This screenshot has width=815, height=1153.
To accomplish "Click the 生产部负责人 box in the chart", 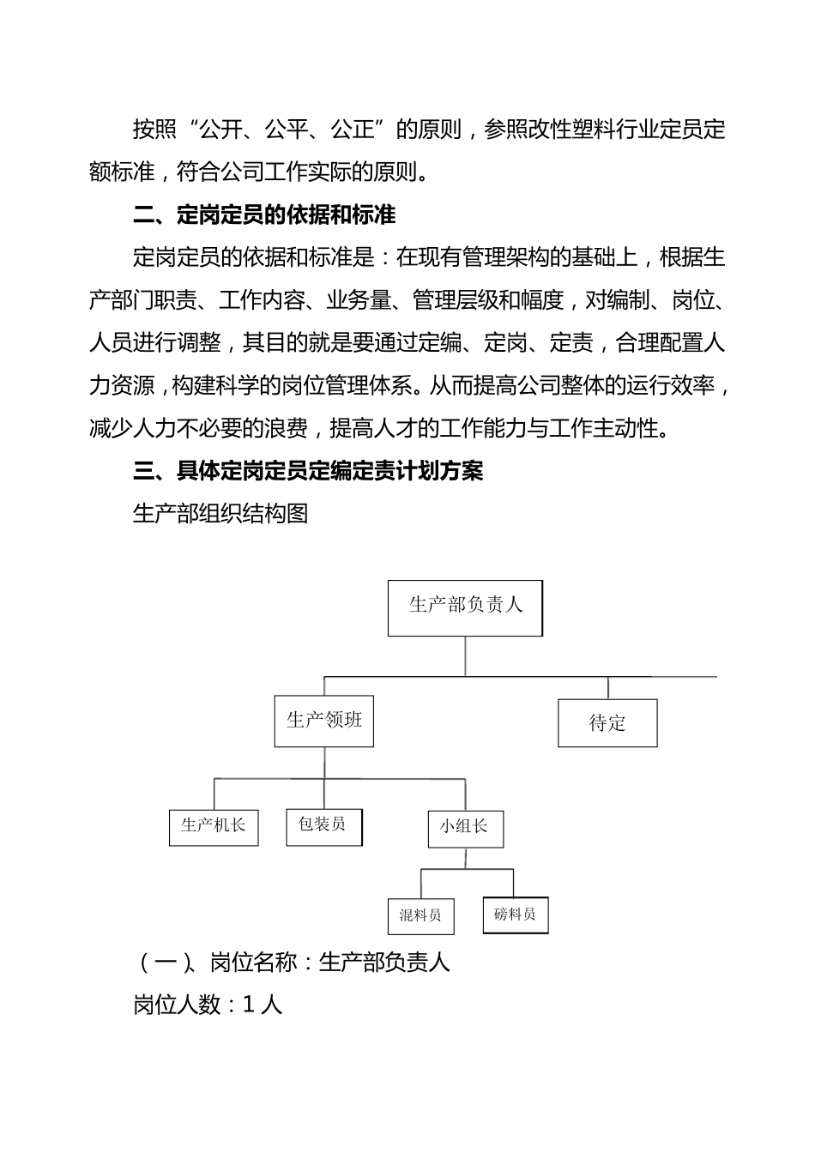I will click(465, 607).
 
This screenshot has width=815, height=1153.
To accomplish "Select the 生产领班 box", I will click(323, 721).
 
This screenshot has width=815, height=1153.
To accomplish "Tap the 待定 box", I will click(607, 723).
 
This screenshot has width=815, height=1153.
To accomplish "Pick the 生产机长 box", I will click(214, 826).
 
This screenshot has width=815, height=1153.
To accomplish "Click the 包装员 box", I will click(323, 825).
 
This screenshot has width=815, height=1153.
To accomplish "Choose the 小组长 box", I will click(465, 827).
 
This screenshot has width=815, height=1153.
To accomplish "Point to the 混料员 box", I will click(420, 915).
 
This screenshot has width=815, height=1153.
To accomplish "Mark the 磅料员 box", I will click(515, 915).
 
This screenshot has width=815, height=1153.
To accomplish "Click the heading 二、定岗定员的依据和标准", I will click(264, 214).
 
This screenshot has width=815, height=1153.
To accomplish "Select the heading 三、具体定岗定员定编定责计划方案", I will click(308, 471).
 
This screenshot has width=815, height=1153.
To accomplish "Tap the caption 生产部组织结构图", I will click(220, 514).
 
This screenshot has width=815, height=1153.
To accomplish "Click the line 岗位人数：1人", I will click(208, 1005).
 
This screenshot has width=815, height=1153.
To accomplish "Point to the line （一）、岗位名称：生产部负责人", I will click(292, 963).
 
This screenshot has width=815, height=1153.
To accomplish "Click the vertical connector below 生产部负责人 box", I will click(465, 656).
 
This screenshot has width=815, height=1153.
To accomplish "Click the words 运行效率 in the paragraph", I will click(670, 386).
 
